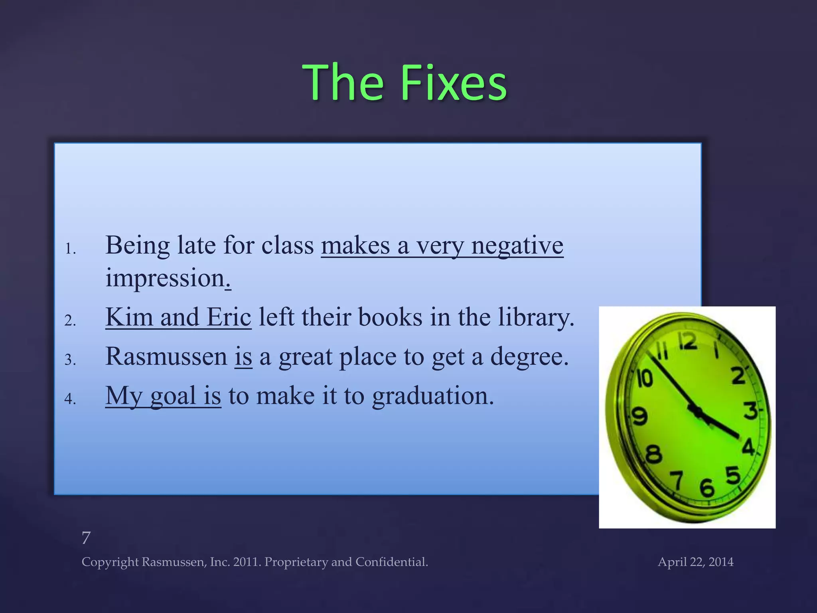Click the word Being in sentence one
pos(137,245)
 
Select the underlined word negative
pos(517,245)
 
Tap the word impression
pos(165,278)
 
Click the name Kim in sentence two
pos(129,317)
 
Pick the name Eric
pos(229,317)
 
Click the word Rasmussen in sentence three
pos(166,356)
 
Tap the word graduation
pos(433,396)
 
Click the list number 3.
pos(70,360)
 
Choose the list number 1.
pos(70,249)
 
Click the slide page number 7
pos(86,538)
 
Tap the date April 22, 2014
pos(695,562)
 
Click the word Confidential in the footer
pos(391,562)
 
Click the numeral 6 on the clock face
pos(706,488)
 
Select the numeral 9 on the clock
pos(639,416)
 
